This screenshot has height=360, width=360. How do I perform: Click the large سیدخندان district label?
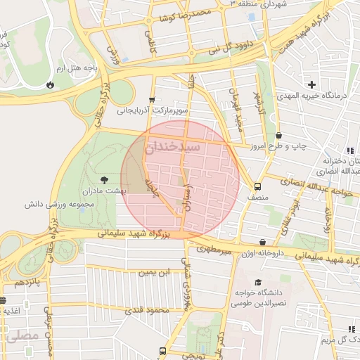click(173, 148)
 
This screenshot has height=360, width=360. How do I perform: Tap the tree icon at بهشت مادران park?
click(105, 181)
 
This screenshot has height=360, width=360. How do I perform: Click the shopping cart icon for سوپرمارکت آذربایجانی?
click(152, 100)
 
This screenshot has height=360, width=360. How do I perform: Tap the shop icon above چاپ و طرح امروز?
click(279, 135)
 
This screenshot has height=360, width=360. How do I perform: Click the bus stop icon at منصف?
click(257, 187)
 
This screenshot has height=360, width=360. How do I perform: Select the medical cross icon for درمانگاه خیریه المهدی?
click(312, 85)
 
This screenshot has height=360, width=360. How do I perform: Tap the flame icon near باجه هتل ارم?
click(50, 84)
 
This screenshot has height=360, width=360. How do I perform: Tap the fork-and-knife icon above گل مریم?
click(351, 329)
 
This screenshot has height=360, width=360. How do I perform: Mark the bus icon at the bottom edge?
click(163, 351)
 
